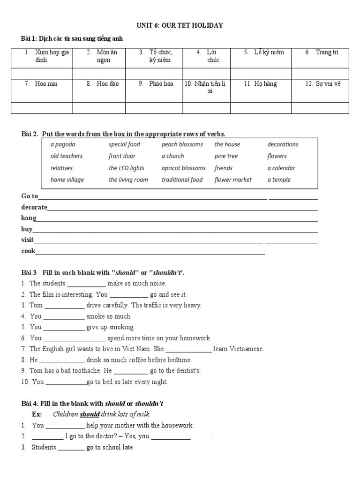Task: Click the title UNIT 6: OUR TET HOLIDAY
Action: (x=180, y=25)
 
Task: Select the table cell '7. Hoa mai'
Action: (x=42, y=84)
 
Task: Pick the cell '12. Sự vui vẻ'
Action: (x=321, y=84)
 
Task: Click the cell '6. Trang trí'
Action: (x=321, y=52)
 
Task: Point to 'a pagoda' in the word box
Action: (x=63, y=144)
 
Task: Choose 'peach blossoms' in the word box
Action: (x=182, y=144)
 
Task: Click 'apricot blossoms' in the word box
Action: (x=183, y=168)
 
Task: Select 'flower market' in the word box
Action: (x=233, y=180)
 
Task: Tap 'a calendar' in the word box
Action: (x=281, y=168)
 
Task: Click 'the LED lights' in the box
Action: (x=127, y=168)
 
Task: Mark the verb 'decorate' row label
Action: (x=34, y=207)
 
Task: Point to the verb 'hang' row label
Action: (x=29, y=218)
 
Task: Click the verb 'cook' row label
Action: (x=28, y=251)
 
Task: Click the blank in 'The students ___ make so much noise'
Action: (x=87, y=284)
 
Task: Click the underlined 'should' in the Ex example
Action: (x=90, y=414)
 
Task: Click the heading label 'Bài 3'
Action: (x=29, y=272)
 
